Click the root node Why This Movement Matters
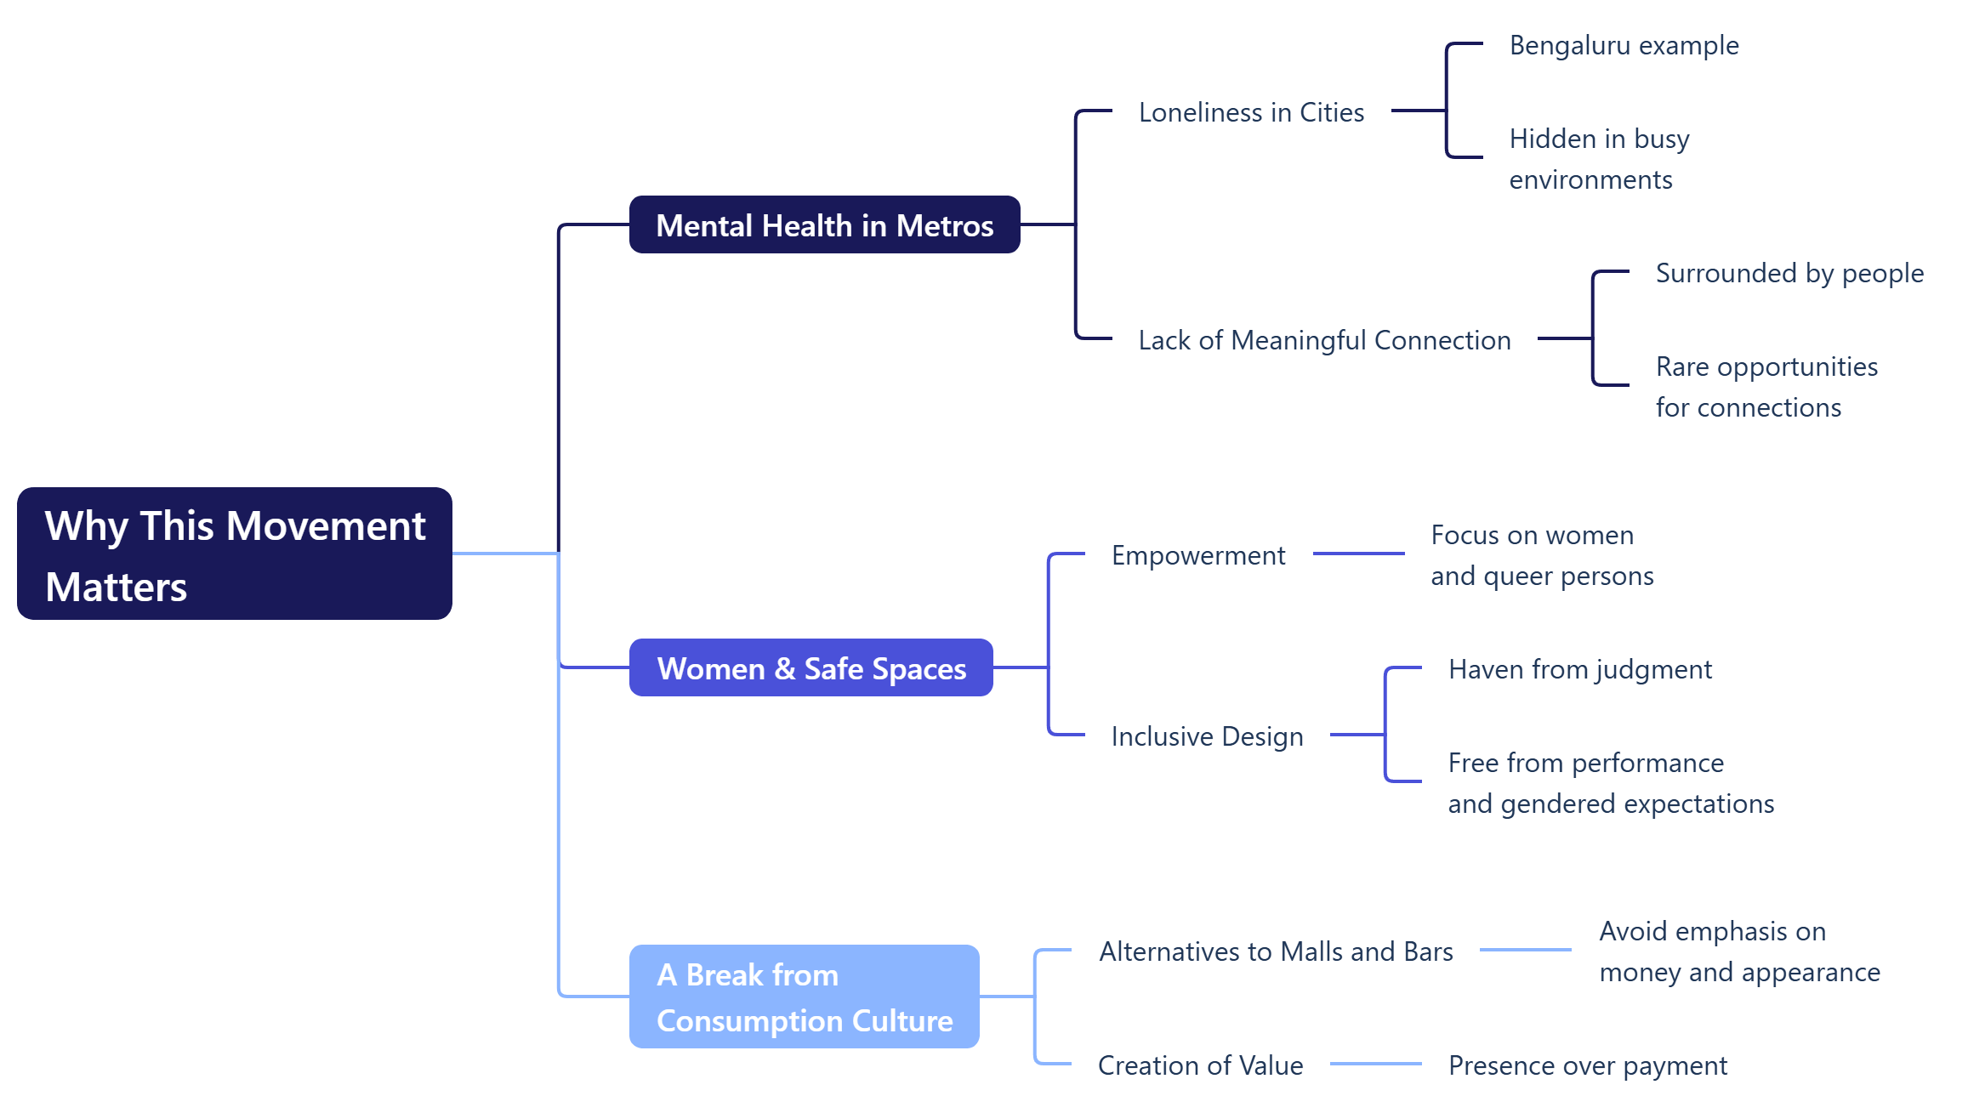click(x=234, y=554)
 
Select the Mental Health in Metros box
click(x=824, y=225)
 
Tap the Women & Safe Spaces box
click(x=811, y=668)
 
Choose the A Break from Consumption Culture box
click(x=804, y=997)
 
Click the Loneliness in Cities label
click(x=1251, y=112)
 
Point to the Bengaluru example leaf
click(x=1624, y=45)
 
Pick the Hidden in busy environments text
click(x=1599, y=159)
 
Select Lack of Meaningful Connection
click(x=1324, y=340)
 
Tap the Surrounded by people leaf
click(x=1789, y=273)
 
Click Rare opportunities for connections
click(x=1766, y=387)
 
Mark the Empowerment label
click(x=1198, y=555)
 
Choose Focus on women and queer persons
click(x=1542, y=555)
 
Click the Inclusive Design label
click(x=1207, y=736)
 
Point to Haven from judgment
click(x=1580, y=669)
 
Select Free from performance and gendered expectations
click(x=1611, y=783)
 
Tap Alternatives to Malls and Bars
click(x=1276, y=951)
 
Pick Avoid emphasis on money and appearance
click(x=1739, y=951)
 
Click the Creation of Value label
click(x=1200, y=1065)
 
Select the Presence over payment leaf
click(x=1587, y=1065)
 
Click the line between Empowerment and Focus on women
click(x=1358, y=554)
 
